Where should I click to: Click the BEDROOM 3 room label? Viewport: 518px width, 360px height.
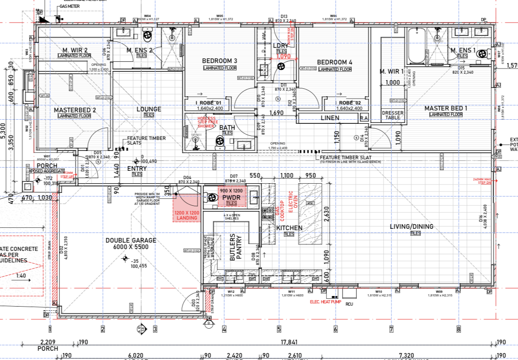pyautogui.click(x=220, y=61)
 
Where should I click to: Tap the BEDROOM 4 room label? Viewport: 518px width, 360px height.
pyautogui.click(x=334, y=62)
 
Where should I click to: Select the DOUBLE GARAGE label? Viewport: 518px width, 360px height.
pyautogui.click(x=131, y=240)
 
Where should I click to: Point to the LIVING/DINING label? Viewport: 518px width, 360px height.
pyautogui.click(x=411, y=226)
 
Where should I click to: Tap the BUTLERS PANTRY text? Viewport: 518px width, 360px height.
pyautogui.click(x=236, y=247)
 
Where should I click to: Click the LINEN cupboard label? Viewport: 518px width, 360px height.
pyautogui.click(x=330, y=118)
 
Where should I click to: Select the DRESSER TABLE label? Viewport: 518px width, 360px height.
pyautogui.click(x=393, y=115)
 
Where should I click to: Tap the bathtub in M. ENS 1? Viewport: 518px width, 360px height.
pyautogui.click(x=417, y=46)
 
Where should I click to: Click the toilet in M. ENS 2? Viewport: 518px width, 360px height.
pyautogui.click(x=147, y=35)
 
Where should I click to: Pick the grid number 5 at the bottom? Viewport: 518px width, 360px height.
pyautogui.click(x=279, y=329)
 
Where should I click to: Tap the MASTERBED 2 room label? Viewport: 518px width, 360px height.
pyautogui.click(x=75, y=110)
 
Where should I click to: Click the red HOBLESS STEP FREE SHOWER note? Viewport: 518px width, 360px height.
pyautogui.click(x=206, y=122)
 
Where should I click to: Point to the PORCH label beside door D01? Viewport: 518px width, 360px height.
pyautogui.click(x=47, y=166)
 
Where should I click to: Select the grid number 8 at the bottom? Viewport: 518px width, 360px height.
pyautogui.click(x=459, y=329)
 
